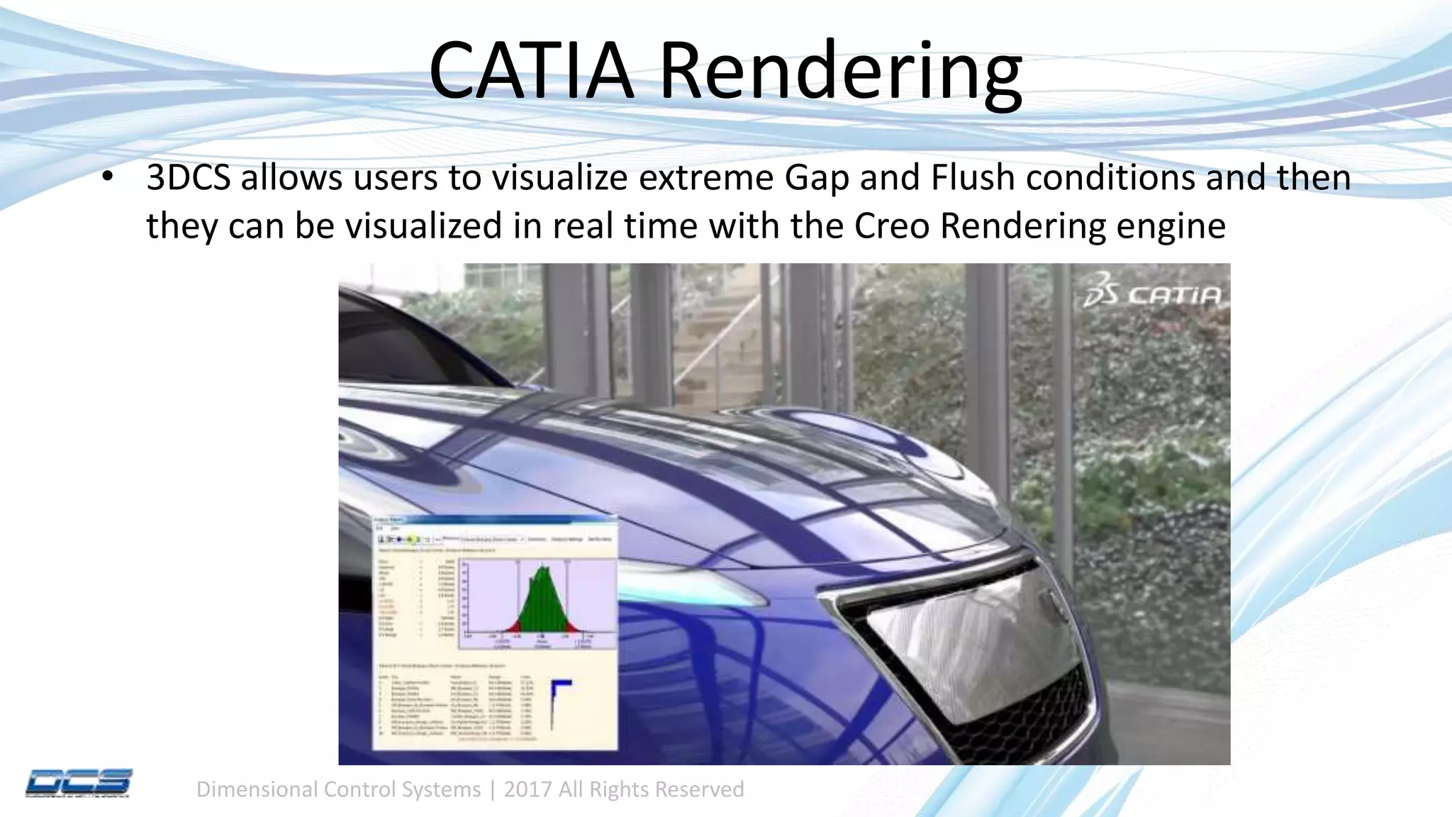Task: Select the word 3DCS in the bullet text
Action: point(188,178)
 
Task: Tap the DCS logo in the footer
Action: point(79,783)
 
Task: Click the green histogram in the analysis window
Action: point(542,603)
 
